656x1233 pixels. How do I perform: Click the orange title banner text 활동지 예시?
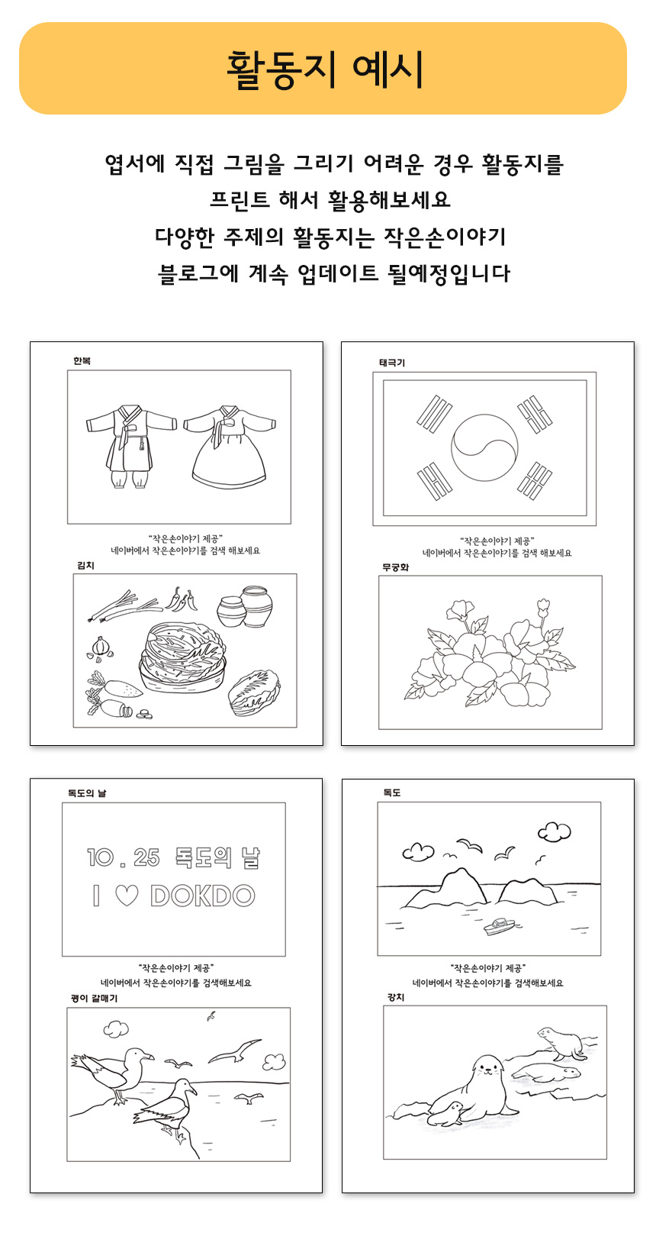[x=325, y=69]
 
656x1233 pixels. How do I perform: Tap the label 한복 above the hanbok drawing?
[x=82, y=361]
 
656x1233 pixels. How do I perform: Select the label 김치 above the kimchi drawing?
[x=85, y=565]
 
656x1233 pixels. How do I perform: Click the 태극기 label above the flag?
[x=392, y=363]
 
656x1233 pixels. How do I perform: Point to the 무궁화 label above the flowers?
[x=395, y=567]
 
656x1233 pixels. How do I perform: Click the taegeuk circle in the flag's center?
[x=484, y=447]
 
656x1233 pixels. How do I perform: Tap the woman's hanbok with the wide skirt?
[x=230, y=447]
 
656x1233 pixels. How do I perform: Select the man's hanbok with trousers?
[x=131, y=447]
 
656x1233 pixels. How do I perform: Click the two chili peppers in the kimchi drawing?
[x=181, y=599]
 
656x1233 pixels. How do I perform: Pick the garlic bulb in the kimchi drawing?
[x=101, y=647]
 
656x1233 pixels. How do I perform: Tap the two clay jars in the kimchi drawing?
[x=245, y=607]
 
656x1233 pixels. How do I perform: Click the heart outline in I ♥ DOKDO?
[x=127, y=896]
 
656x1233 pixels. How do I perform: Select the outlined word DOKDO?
[x=203, y=896]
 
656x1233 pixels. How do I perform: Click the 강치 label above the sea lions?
[x=396, y=997]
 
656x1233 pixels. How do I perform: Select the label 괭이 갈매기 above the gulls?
[x=94, y=998]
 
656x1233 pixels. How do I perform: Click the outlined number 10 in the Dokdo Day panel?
[x=100, y=857]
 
